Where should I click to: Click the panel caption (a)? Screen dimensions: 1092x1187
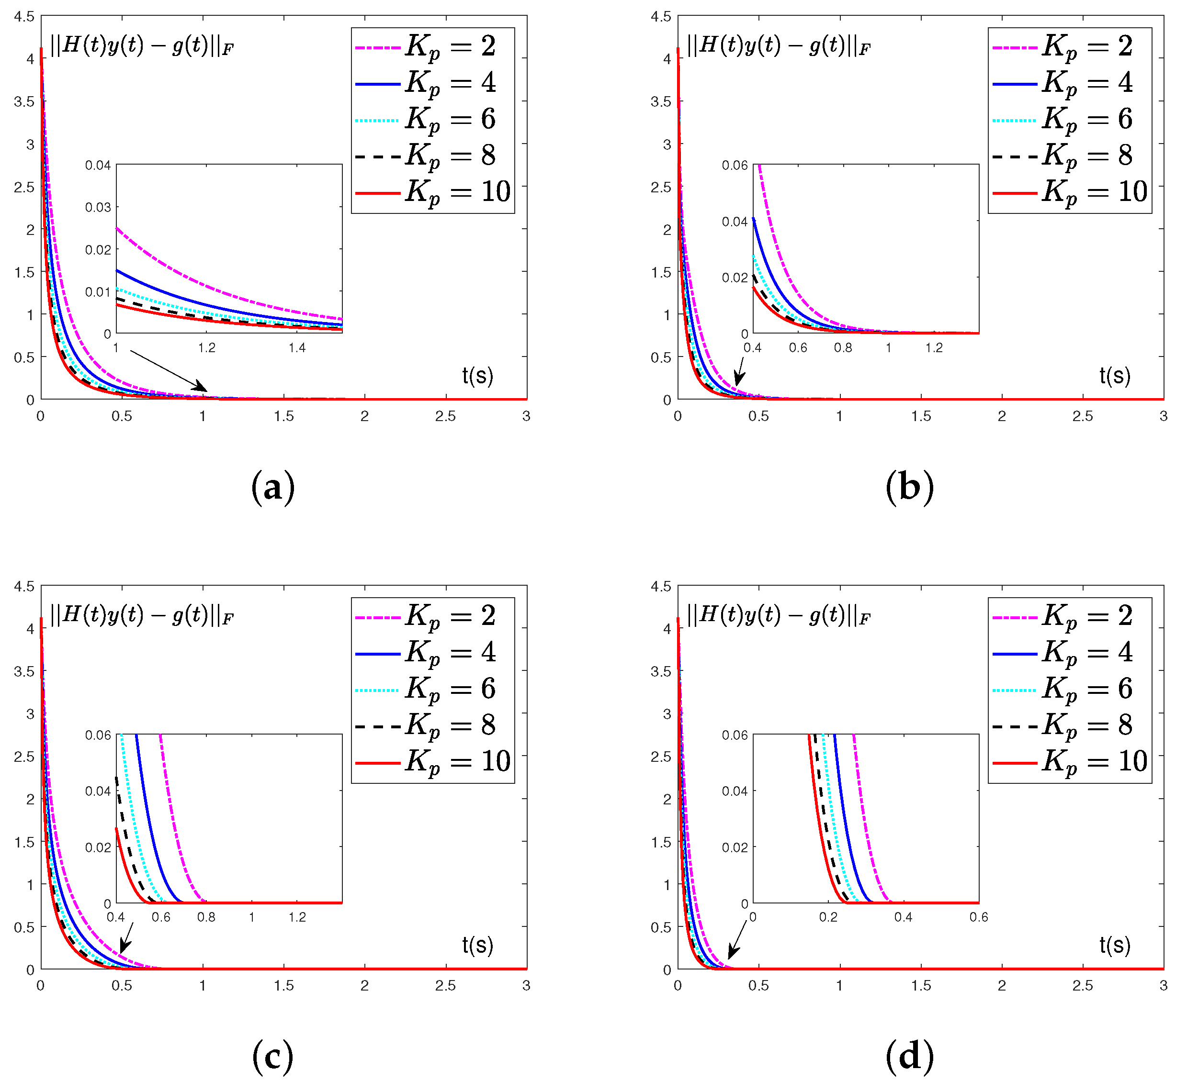272,488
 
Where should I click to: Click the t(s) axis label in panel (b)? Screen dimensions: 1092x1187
1114,376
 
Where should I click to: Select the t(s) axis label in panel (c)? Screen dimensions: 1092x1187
477,946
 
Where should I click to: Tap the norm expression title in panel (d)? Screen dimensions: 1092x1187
779,616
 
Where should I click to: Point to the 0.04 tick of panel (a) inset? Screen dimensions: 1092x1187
98,166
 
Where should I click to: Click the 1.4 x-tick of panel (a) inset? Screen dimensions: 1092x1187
297,348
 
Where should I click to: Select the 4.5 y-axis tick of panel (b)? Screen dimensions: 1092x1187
660,17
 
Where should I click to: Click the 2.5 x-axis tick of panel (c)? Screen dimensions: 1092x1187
445,986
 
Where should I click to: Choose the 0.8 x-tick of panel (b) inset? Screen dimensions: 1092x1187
843,348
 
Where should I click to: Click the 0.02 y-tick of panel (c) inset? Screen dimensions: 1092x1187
98,848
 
